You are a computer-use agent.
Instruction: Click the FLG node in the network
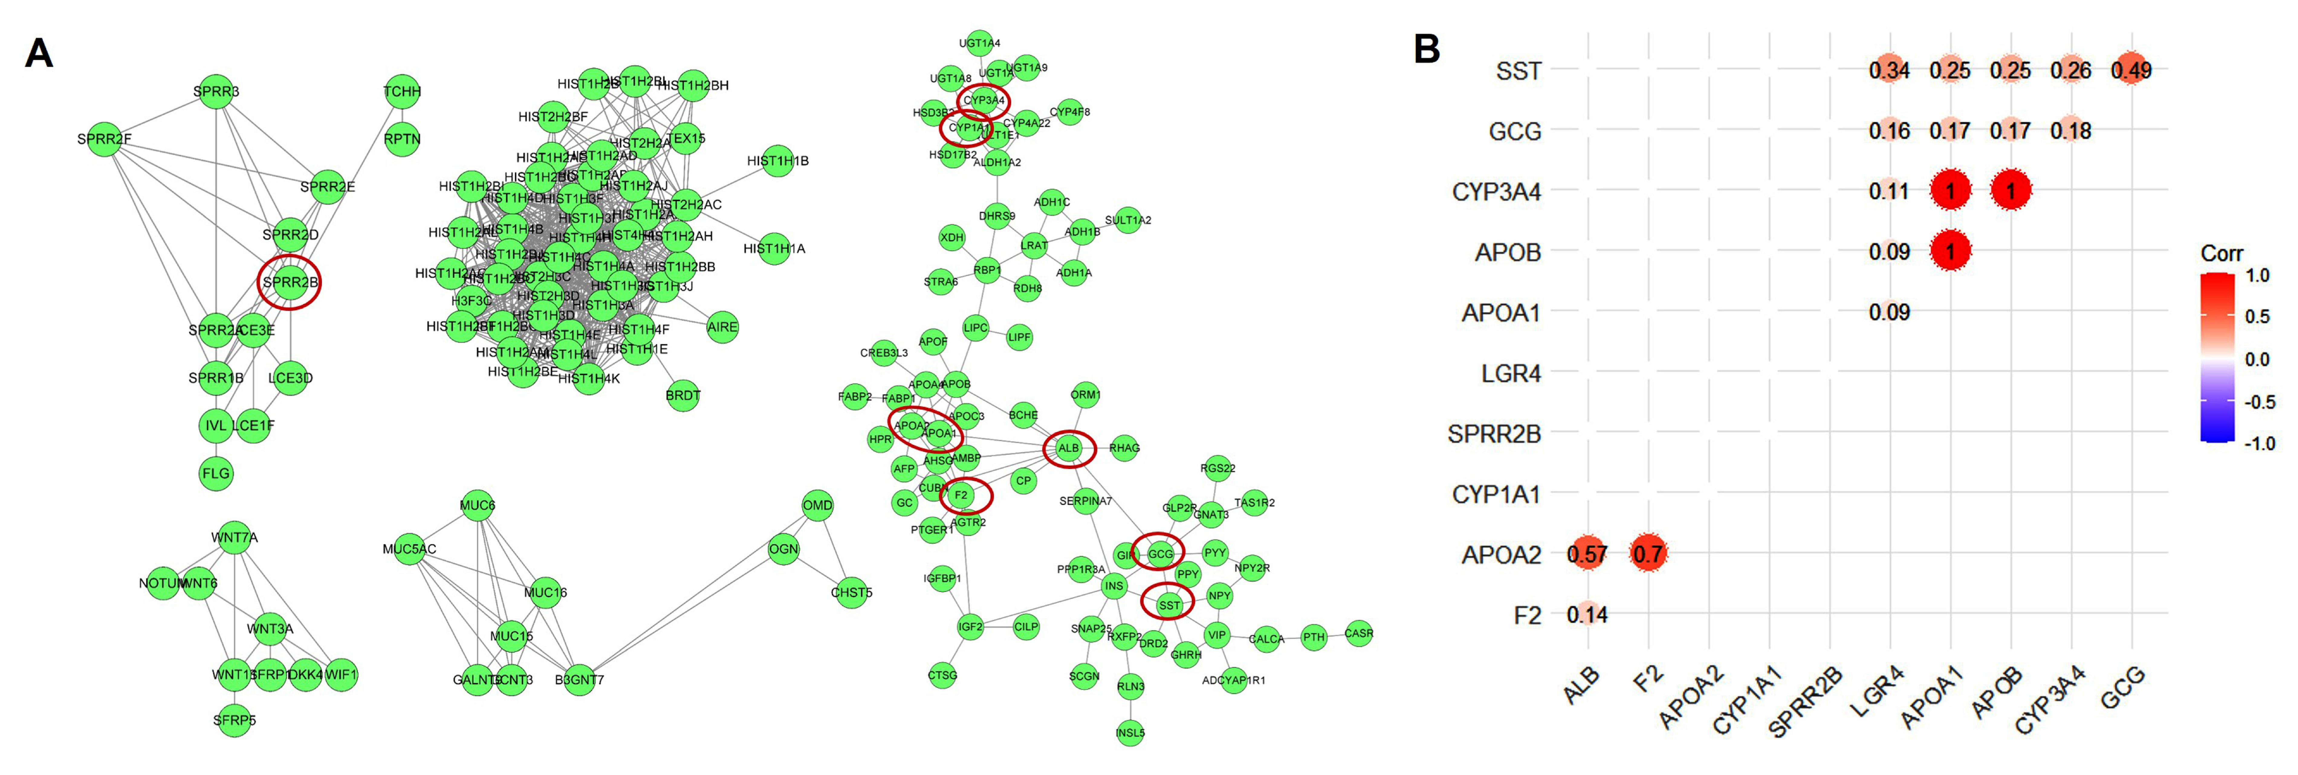pos(216,473)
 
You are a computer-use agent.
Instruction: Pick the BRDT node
pos(682,395)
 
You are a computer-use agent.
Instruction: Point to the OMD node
pos(817,506)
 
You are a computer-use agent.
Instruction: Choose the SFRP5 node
pos(234,720)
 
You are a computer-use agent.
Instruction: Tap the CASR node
pos(1359,634)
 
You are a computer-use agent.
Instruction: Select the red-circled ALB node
pos(1069,449)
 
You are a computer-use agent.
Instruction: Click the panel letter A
pos(38,53)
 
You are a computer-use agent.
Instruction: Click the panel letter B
pos(1427,49)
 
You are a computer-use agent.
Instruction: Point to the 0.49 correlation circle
pos(2131,69)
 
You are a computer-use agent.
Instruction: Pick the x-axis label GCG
pos(2123,689)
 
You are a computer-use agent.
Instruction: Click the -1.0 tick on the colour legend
pos(2260,443)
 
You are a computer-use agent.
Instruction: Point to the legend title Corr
pos(2221,253)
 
